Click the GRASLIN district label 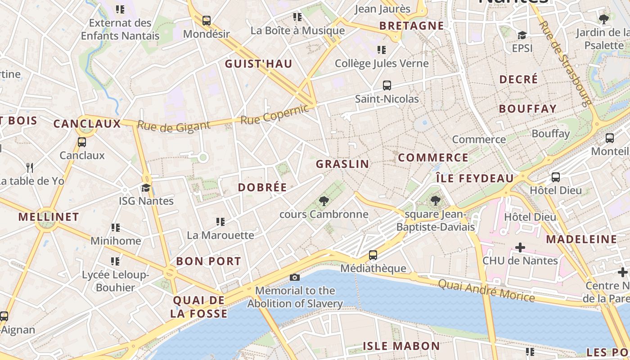point(342,164)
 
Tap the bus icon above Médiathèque point(373,255)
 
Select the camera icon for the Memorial point(295,277)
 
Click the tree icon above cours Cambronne point(323,201)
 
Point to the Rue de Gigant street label point(174,126)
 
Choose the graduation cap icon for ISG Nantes point(146,188)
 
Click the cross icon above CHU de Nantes point(520,247)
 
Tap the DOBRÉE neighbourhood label point(262,188)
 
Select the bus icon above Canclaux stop point(82,142)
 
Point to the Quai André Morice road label point(486,290)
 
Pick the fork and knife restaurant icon point(30,168)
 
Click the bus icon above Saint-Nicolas point(387,85)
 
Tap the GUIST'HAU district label point(259,64)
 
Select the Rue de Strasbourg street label point(565,63)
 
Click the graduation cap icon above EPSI point(522,35)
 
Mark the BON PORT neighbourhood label point(208,261)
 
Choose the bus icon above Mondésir point(206,21)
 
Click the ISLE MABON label point(401,346)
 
